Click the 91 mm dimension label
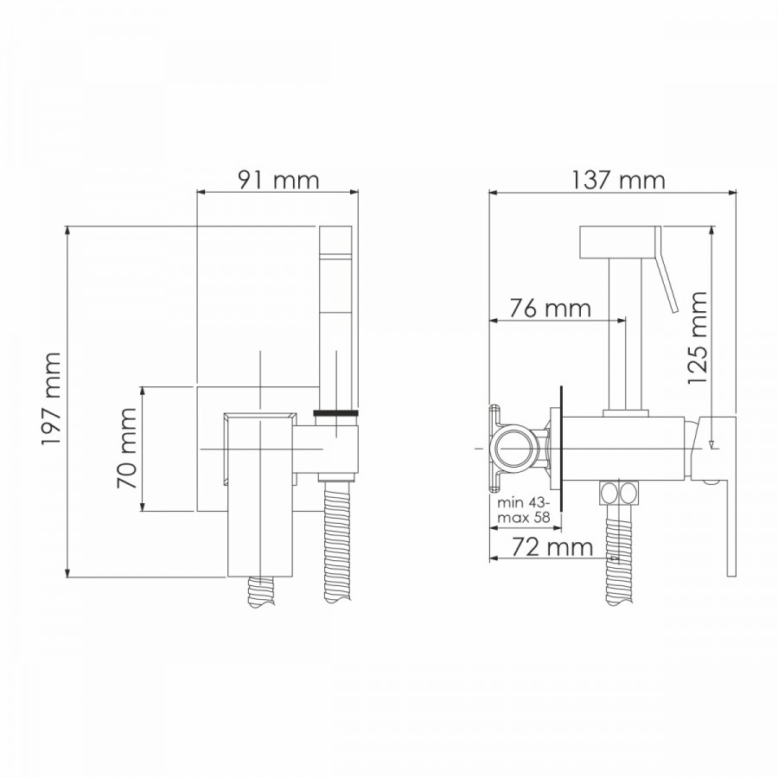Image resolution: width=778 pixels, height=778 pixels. [278, 180]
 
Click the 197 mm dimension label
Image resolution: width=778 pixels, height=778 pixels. [51, 399]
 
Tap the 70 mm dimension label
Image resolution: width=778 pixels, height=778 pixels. [126, 447]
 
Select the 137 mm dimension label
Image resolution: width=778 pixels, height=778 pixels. [618, 180]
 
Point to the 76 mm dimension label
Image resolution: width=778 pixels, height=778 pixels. [551, 309]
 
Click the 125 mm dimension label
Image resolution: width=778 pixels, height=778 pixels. [697, 337]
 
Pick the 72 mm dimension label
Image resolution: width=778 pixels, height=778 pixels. [552, 547]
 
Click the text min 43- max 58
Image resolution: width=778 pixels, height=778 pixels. [525, 510]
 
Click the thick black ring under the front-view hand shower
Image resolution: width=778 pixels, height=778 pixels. [336, 413]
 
